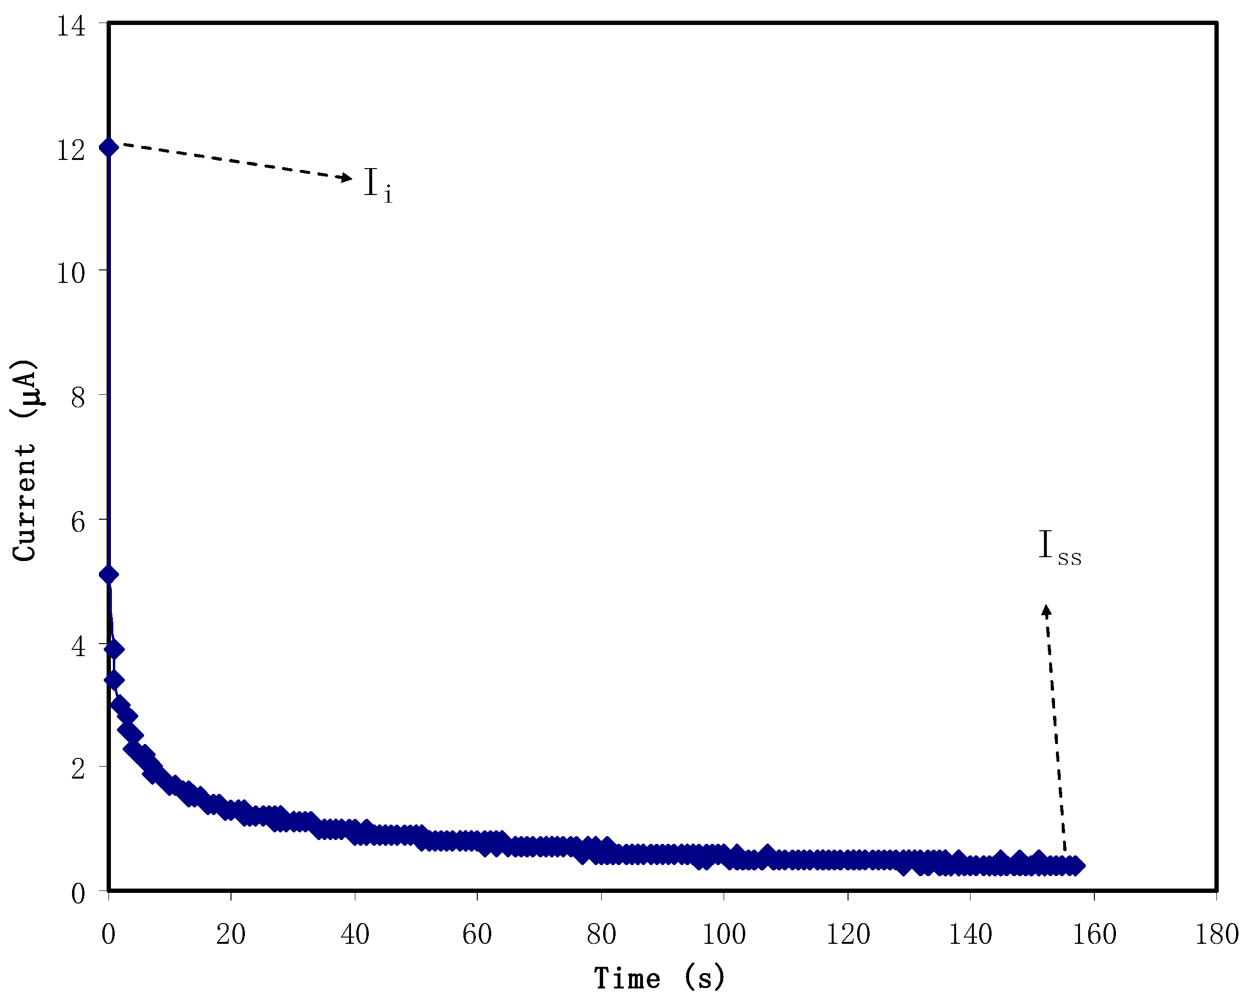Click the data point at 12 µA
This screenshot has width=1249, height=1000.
click(x=109, y=147)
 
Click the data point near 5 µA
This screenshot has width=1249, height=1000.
click(x=109, y=574)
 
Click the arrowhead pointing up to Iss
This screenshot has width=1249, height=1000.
click(x=1046, y=610)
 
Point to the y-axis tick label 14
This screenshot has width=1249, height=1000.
click(x=71, y=26)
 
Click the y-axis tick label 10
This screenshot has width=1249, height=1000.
click(x=71, y=272)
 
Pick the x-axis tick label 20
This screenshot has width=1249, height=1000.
click(x=230, y=934)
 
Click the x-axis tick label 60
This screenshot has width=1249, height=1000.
click(x=477, y=934)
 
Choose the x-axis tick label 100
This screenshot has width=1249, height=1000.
click(x=724, y=934)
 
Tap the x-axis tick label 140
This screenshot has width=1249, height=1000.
click(x=970, y=934)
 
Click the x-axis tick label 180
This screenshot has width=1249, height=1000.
click(x=1216, y=934)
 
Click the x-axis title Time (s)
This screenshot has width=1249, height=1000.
click(x=659, y=978)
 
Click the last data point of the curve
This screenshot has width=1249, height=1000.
click(x=1076, y=866)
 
